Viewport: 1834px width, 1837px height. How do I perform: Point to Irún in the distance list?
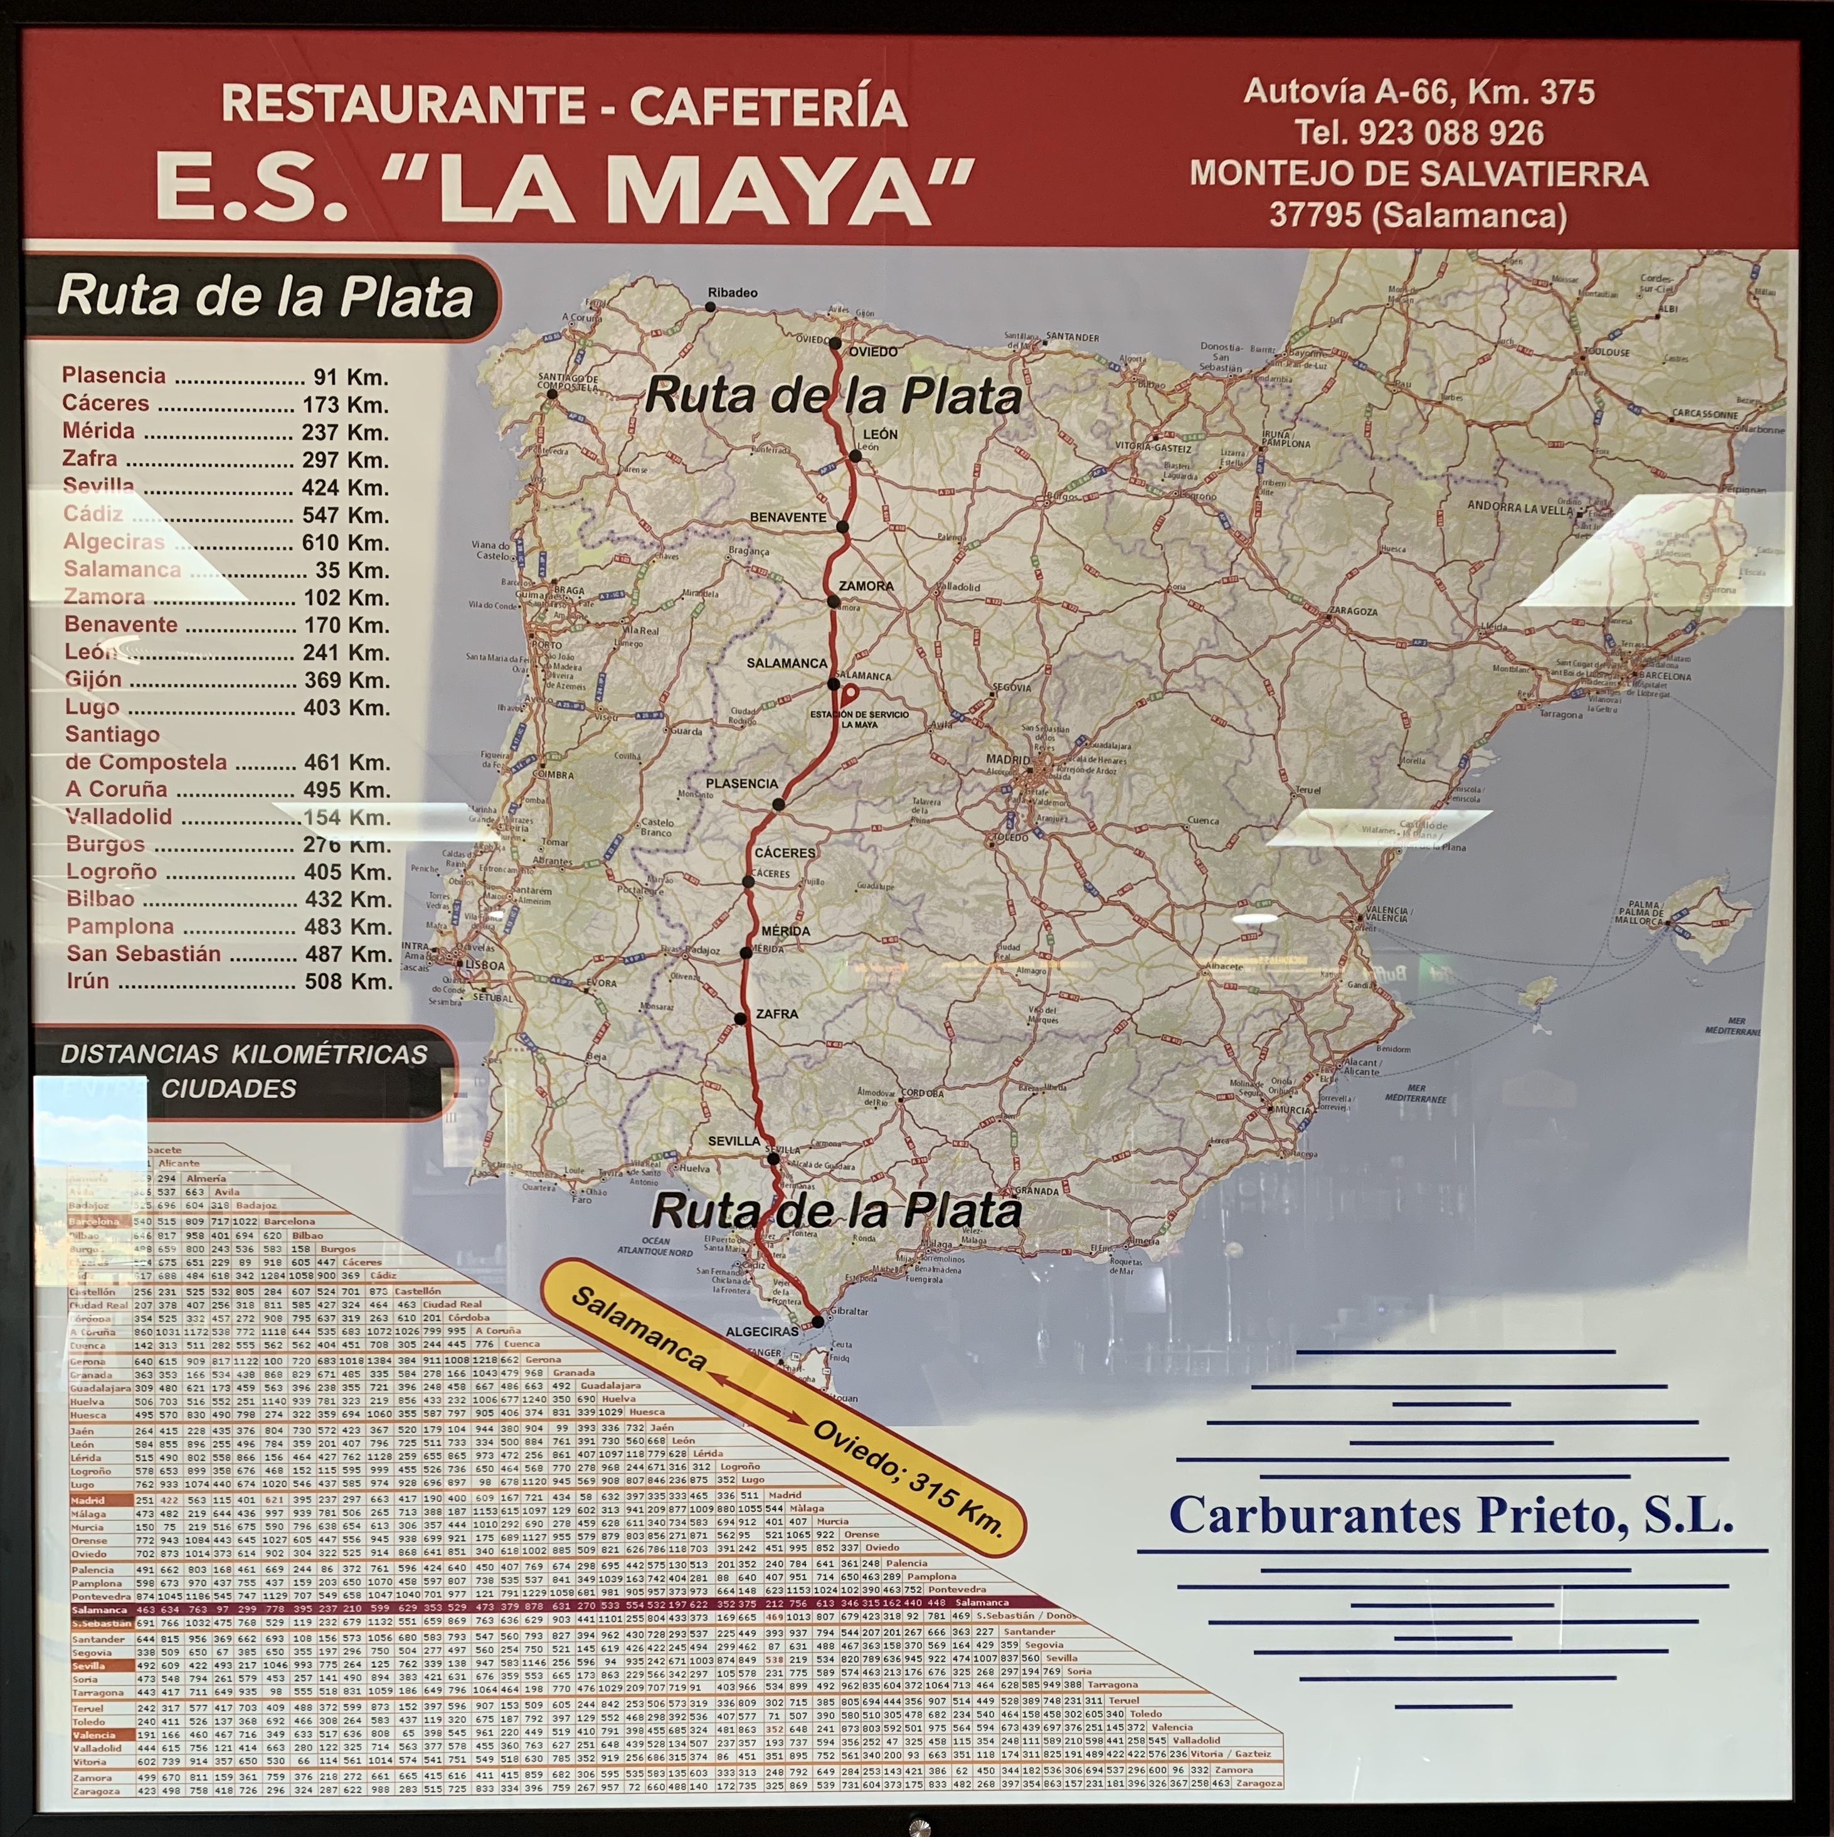(87, 981)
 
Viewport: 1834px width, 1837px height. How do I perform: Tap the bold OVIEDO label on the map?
(873, 352)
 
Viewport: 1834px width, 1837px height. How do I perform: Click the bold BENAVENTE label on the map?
(788, 517)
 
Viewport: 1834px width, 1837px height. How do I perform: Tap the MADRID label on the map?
(1007, 760)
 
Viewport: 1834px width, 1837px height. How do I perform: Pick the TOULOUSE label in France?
(1606, 352)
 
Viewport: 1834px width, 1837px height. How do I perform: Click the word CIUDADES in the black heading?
(228, 1089)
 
